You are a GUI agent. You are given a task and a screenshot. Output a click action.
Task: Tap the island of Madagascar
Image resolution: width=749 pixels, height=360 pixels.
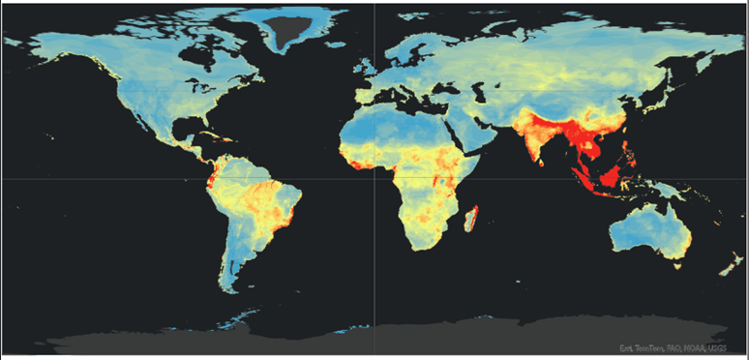[x=472, y=219]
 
